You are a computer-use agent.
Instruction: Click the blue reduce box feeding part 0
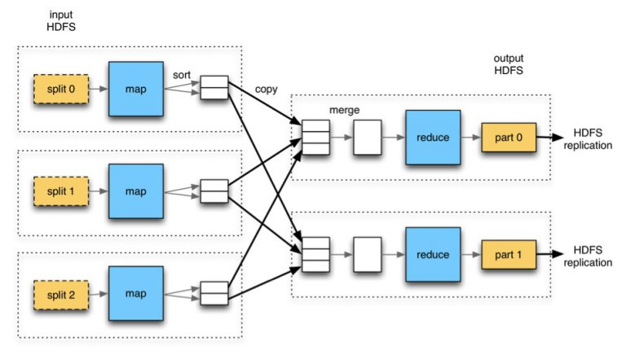click(432, 138)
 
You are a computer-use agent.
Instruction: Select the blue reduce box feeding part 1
click(432, 255)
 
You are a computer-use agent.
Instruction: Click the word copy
click(266, 88)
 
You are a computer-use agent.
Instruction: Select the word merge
click(344, 109)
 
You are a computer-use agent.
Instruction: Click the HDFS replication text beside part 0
click(593, 138)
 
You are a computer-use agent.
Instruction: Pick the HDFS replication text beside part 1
click(593, 256)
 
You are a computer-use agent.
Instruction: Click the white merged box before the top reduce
click(366, 138)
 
